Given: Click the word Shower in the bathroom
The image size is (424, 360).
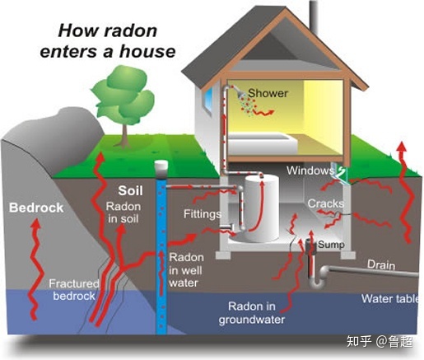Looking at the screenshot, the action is click(x=268, y=93).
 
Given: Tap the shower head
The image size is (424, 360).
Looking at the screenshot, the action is click(x=241, y=95).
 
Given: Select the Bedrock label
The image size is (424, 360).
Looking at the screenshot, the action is click(x=36, y=208).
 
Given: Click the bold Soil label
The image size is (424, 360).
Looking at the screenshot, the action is click(x=131, y=190).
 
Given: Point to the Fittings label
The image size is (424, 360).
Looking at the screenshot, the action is click(x=203, y=214).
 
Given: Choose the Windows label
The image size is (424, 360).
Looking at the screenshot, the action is click(x=310, y=171).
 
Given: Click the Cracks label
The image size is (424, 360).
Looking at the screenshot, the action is click(x=325, y=203).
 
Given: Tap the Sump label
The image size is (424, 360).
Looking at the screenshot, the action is click(x=331, y=244).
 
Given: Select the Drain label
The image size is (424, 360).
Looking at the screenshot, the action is click(x=381, y=265).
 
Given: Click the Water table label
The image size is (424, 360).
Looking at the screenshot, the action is click(x=390, y=299).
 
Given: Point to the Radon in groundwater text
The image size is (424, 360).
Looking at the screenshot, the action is click(x=252, y=313).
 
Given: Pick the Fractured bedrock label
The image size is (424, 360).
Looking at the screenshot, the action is click(x=74, y=290).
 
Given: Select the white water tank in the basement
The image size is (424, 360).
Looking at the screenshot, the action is click(x=262, y=208).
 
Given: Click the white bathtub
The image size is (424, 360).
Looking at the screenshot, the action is click(x=263, y=143).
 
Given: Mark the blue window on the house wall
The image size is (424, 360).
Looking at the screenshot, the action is click(x=208, y=100).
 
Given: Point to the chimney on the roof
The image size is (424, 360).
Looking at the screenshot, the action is click(x=315, y=15).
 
